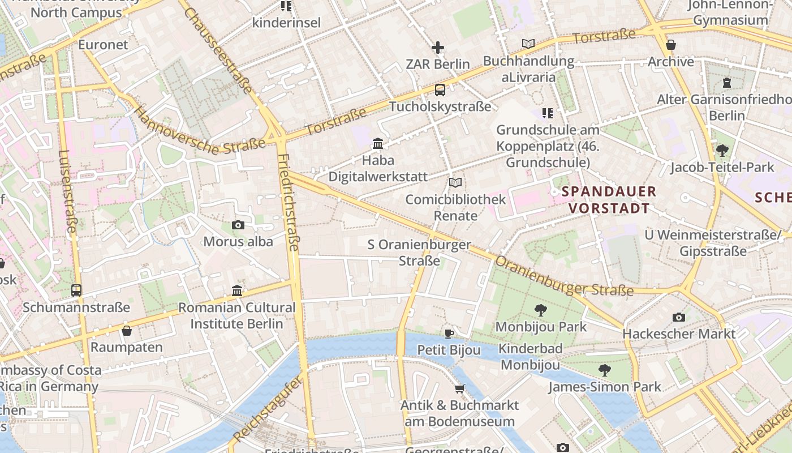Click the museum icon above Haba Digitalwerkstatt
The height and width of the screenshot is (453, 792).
pyautogui.click(x=378, y=144)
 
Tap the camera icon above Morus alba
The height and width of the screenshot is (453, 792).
pyautogui.click(x=238, y=225)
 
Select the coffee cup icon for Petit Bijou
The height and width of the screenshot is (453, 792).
pyautogui.click(x=449, y=333)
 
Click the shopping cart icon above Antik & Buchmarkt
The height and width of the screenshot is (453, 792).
pyautogui.click(x=460, y=388)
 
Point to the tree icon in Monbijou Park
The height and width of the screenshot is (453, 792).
pyautogui.click(x=541, y=310)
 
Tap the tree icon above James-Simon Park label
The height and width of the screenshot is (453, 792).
pyautogui.click(x=604, y=370)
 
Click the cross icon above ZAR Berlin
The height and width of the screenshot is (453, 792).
pyautogui.click(x=438, y=48)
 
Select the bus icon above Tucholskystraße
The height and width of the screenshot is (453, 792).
pyautogui.click(x=440, y=89)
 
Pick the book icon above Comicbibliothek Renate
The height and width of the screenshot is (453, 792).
pyautogui.click(x=455, y=182)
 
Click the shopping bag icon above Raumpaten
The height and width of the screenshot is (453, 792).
pyautogui.click(x=127, y=330)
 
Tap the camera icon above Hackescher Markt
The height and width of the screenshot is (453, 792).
pyautogui.click(x=679, y=317)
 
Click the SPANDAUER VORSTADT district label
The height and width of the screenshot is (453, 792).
pyautogui.click(x=609, y=200)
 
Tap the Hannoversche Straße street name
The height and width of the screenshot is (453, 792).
pyautogui.click(x=199, y=131)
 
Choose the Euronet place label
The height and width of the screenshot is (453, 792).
pyautogui.click(x=104, y=45)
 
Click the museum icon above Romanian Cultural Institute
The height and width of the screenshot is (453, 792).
pyautogui.click(x=237, y=291)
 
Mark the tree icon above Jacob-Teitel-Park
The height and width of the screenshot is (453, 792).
pyautogui.click(x=722, y=151)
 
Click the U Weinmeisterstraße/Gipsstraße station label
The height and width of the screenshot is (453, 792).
pyautogui.click(x=713, y=242)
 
